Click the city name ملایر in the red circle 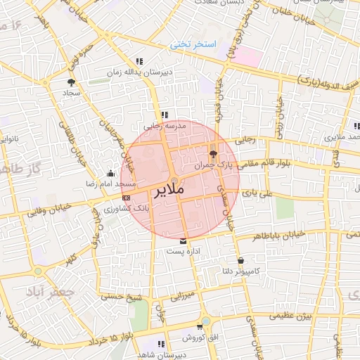click(x=167, y=189)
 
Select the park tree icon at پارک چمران click(x=214, y=154)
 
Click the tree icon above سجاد click(x=71, y=83)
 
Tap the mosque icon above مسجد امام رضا click(x=110, y=174)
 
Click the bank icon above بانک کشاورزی click(x=126, y=198)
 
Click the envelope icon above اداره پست click(x=184, y=241)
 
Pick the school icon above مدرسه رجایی click(x=165, y=115)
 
